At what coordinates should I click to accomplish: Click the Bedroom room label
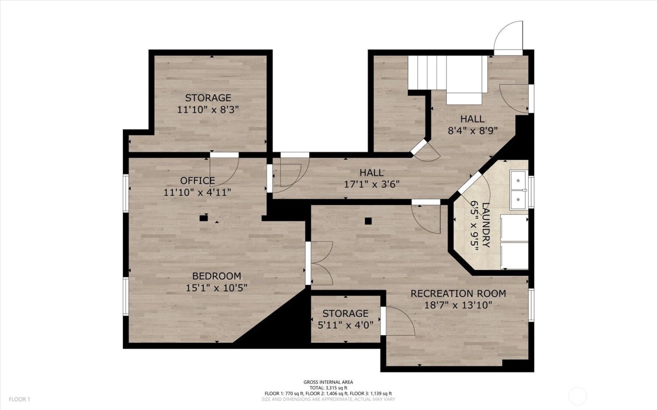(x=216, y=276)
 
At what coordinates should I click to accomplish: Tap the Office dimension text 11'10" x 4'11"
(x=197, y=192)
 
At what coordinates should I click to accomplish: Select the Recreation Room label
(x=458, y=294)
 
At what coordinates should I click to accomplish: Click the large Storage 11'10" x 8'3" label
(x=208, y=98)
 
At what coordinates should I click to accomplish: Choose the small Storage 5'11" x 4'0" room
(x=345, y=319)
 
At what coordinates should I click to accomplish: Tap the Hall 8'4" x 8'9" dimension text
(x=472, y=131)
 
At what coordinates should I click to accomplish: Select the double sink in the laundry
(x=519, y=188)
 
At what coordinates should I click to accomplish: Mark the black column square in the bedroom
(x=203, y=218)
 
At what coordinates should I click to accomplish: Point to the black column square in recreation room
(x=368, y=220)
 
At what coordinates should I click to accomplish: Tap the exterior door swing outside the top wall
(x=509, y=37)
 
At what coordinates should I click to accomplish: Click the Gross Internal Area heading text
(x=328, y=382)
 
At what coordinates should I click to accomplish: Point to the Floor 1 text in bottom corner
(x=19, y=399)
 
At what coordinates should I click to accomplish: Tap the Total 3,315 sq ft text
(x=328, y=387)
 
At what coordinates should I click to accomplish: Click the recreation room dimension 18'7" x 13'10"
(x=458, y=305)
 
